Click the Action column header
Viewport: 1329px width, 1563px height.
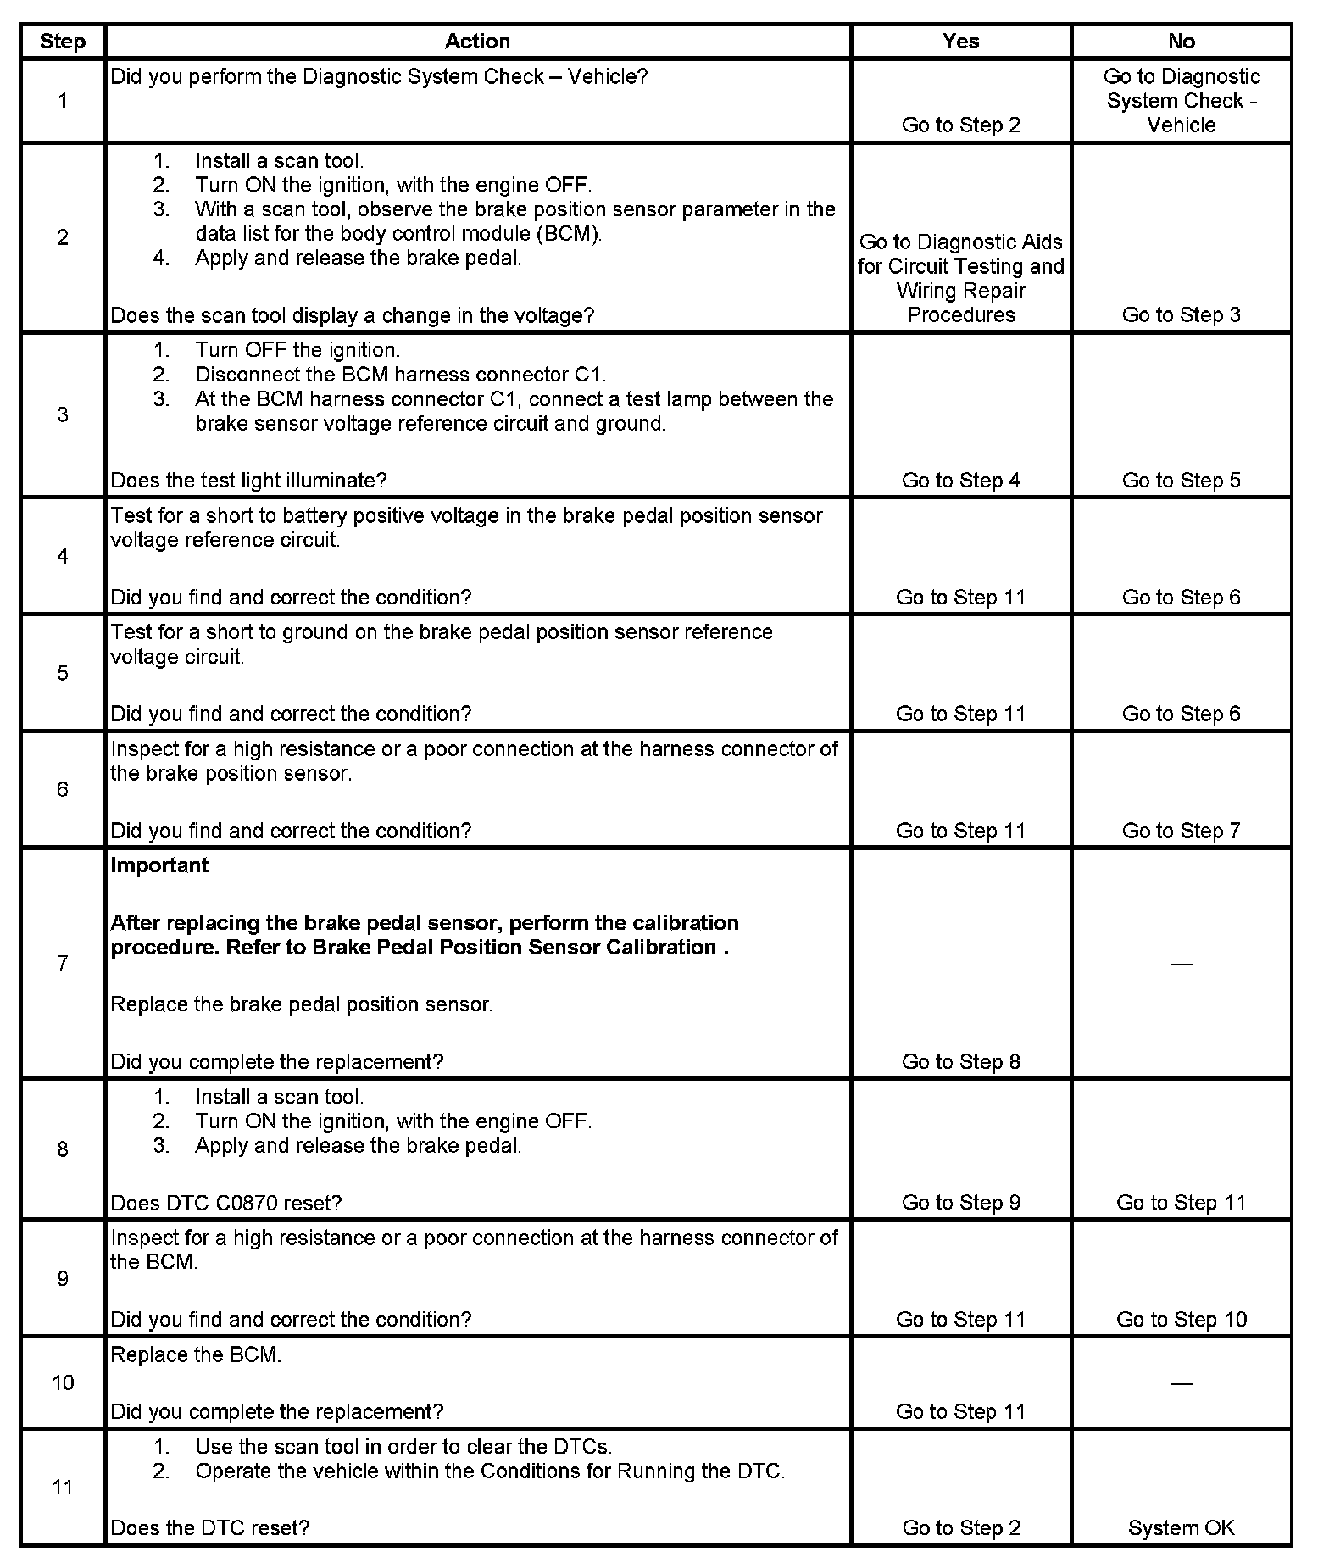pyautogui.click(x=477, y=42)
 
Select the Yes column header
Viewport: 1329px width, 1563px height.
pyautogui.click(x=960, y=42)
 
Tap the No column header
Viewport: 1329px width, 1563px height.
pyautogui.click(x=1181, y=42)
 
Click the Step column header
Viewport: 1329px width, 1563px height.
pyautogui.click(x=63, y=42)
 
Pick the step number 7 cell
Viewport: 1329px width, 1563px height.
pyautogui.click(x=63, y=963)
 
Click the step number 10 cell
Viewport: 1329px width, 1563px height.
pyautogui.click(x=63, y=1382)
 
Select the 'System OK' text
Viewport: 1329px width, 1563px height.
pyautogui.click(x=1181, y=1527)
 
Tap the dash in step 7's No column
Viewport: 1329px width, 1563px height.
pyautogui.click(x=1181, y=964)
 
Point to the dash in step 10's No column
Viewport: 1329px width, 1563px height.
pyautogui.click(x=1181, y=1383)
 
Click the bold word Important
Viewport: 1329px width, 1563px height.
pyautogui.click(x=159, y=865)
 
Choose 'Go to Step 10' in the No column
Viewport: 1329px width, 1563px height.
pyautogui.click(x=1181, y=1319)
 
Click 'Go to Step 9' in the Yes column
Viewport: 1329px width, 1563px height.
pyautogui.click(x=960, y=1202)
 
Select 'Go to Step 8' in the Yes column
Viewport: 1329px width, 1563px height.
pyautogui.click(x=960, y=1061)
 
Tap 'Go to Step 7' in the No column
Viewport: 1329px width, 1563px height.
pyautogui.click(x=1181, y=831)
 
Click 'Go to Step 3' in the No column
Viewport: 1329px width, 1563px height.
pyautogui.click(x=1181, y=314)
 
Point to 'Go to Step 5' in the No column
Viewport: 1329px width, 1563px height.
pyautogui.click(x=1181, y=481)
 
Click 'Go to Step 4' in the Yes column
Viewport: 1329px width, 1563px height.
pyautogui.click(x=960, y=481)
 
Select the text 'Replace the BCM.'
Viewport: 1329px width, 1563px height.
pyautogui.click(x=196, y=1354)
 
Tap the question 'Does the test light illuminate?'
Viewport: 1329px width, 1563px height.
pyautogui.click(x=248, y=481)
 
